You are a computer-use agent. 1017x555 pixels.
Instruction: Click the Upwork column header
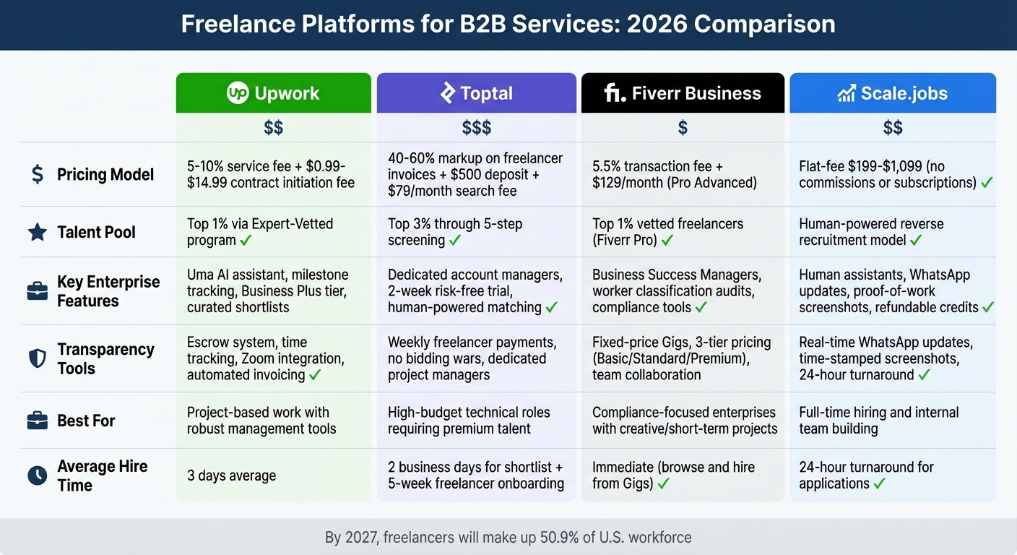coord(273,93)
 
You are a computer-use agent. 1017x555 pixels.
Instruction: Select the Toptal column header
coord(477,93)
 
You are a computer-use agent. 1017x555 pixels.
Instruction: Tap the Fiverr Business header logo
coord(614,93)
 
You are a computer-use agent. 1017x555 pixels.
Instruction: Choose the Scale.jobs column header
coord(893,93)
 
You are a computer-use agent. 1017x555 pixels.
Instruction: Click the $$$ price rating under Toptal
coord(477,128)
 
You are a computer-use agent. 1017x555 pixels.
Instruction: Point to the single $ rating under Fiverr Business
coord(683,128)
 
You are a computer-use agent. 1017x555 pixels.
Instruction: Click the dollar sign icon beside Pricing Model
coord(37,174)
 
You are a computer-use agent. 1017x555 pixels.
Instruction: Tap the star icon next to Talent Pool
coord(37,232)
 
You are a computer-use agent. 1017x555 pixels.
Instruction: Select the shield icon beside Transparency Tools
coord(37,358)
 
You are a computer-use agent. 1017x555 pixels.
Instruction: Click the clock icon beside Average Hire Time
coord(37,476)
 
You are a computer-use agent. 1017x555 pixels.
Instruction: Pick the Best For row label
coord(86,421)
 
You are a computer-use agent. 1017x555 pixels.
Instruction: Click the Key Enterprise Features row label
coord(108,291)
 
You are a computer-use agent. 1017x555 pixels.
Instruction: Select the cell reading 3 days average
coord(231,476)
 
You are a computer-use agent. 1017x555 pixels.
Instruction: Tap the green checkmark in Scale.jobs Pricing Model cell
coord(987,183)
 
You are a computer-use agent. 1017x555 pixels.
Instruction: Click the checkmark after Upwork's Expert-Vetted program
coord(246,241)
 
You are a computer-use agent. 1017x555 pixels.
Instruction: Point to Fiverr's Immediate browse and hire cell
coord(673,476)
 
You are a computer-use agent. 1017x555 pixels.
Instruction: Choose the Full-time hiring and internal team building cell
coord(878,421)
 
